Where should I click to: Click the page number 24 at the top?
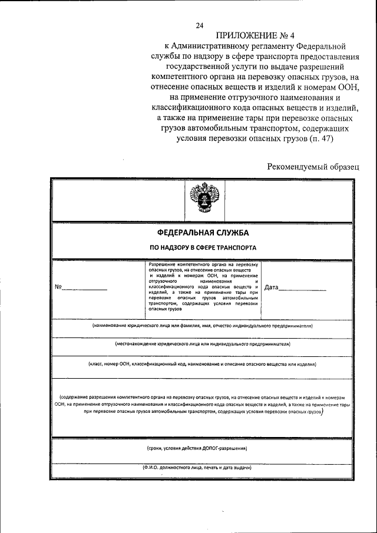[200, 25]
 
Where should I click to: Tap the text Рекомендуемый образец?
[312, 167]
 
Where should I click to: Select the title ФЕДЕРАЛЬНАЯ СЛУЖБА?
[202, 234]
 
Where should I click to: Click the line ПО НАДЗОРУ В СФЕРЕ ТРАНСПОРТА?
[202, 248]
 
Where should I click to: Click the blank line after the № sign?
[85, 289]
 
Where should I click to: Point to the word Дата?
[272, 287]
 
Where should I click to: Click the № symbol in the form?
[58, 287]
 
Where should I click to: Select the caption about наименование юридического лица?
[202, 326]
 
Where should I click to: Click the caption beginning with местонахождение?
[202, 344]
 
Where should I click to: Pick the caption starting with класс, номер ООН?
[202, 365]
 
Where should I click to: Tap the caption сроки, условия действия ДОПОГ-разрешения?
[197, 449]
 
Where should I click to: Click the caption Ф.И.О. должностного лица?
[197, 468]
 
